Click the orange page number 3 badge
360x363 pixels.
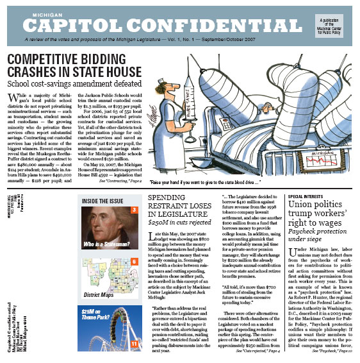[x=134, y=210]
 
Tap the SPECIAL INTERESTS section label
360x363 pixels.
[x=307, y=196]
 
